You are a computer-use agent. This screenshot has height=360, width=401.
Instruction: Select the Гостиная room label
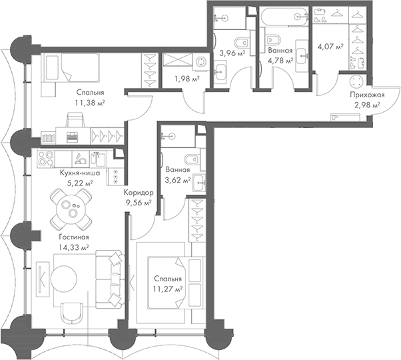coord(73,237)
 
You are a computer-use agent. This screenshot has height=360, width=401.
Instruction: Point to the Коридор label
coord(138,193)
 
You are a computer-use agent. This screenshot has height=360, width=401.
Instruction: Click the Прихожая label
coord(366,95)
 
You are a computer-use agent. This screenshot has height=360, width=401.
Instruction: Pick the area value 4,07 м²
coord(330,47)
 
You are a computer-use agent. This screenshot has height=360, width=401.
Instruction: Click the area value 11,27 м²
coord(167,289)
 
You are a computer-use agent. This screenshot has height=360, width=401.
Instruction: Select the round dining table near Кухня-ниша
coord(73,207)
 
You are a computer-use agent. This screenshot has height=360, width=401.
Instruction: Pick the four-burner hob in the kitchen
coord(46,159)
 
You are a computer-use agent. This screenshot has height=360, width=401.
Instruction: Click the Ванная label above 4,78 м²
coord(277,49)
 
